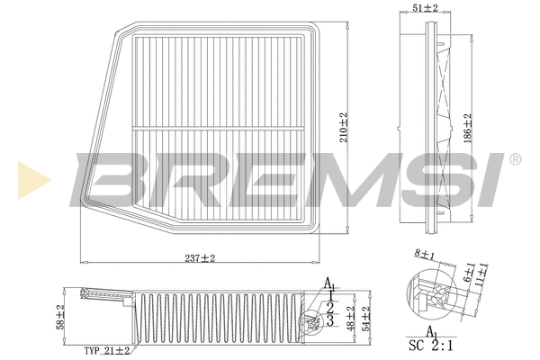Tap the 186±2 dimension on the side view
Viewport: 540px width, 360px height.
[x=467, y=129]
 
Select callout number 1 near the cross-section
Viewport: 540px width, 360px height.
[x=332, y=294]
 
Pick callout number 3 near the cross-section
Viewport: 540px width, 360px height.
[x=330, y=319]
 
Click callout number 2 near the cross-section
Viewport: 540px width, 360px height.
[x=330, y=307]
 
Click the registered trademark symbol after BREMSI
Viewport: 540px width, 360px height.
[x=514, y=159]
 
